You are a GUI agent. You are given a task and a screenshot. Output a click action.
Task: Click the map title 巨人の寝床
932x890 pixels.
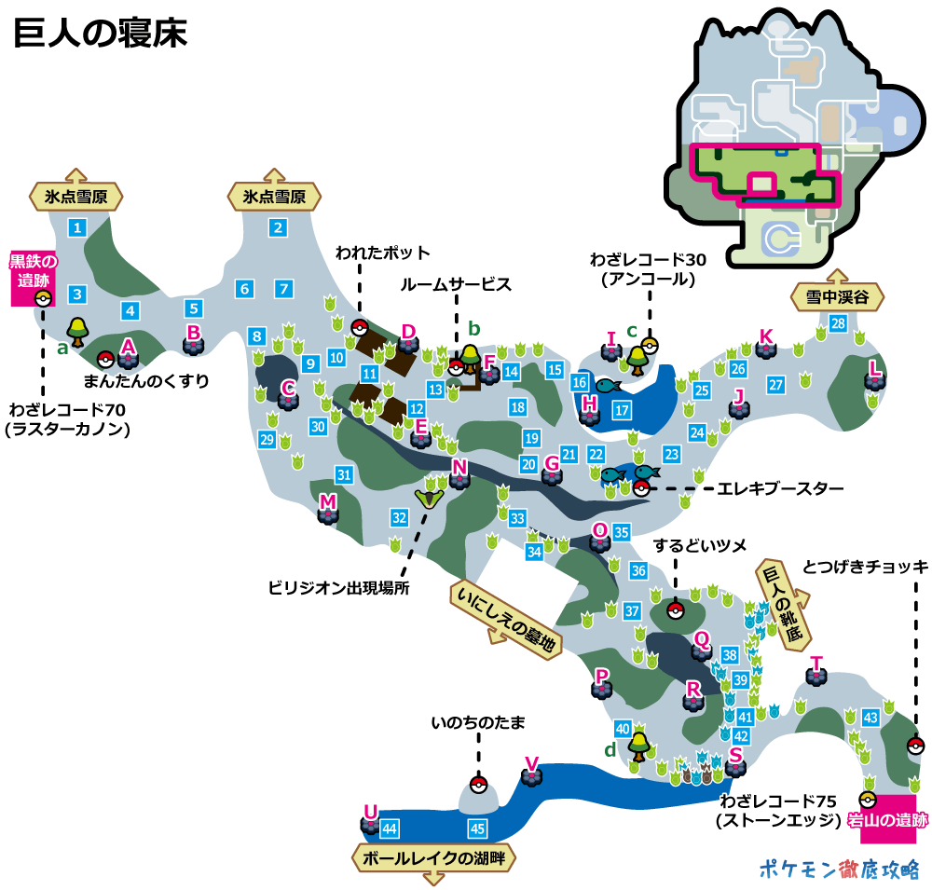click(x=101, y=34)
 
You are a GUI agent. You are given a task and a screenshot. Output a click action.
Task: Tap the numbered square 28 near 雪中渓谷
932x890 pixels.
click(x=838, y=323)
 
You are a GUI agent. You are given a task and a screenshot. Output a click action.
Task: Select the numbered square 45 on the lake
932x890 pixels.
click(x=478, y=828)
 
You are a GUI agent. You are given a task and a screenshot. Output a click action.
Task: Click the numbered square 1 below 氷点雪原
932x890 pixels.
click(x=77, y=226)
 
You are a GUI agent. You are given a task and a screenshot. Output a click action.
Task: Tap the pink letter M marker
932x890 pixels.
click(x=327, y=502)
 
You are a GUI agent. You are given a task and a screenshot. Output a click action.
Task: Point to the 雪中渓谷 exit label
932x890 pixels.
click(x=836, y=298)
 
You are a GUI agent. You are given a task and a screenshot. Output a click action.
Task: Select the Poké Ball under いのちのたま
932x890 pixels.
click(x=478, y=784)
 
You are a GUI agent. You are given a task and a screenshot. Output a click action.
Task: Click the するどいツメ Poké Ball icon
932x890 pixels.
click(x=676, y=610)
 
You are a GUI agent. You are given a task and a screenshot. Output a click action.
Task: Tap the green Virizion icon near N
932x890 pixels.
click(x=430, y=496)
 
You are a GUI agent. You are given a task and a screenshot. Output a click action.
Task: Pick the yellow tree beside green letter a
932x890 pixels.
click(x=77, y=328)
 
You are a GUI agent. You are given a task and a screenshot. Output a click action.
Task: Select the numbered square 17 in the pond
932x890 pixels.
click(x=622, y=409)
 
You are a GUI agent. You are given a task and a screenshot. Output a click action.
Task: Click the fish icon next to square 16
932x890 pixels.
click(x=608, y=384)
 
